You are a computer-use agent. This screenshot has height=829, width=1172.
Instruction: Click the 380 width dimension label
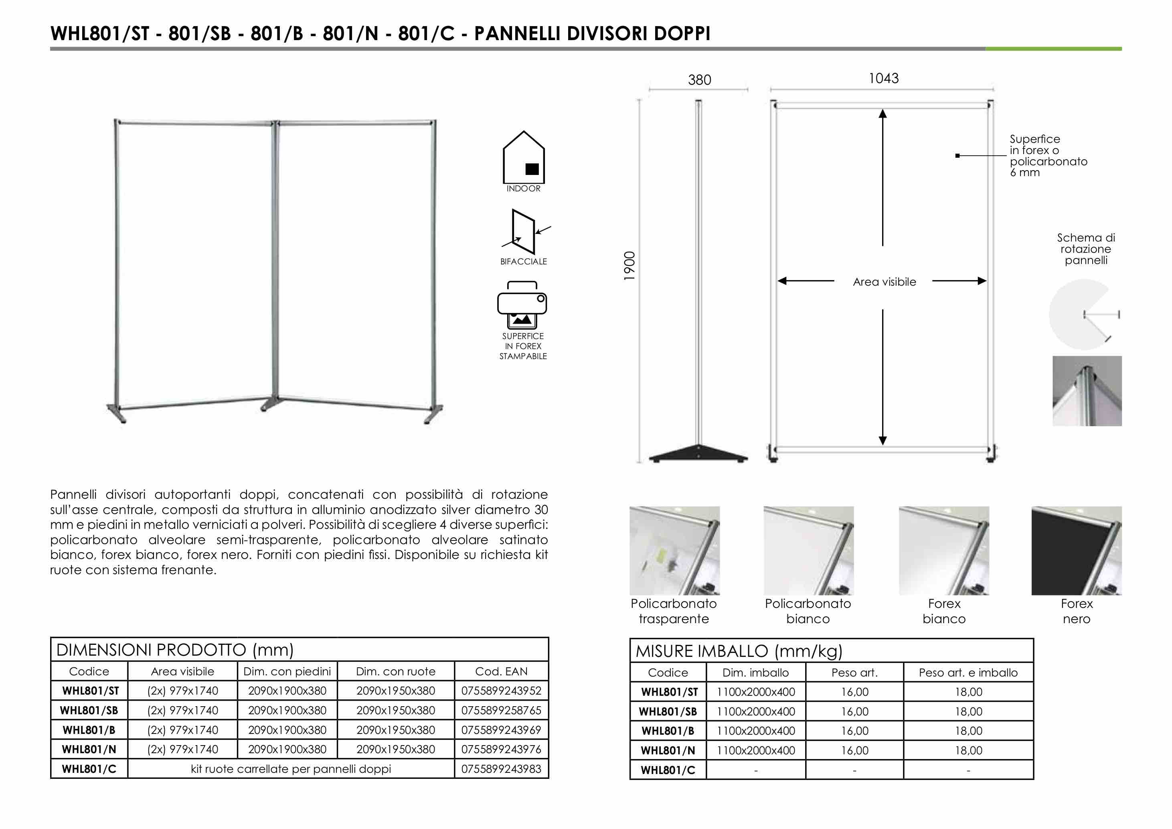[699, 80]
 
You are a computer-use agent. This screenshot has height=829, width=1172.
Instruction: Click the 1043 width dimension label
[884, 79]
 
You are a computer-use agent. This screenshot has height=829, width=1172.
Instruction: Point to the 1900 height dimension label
[630, 266]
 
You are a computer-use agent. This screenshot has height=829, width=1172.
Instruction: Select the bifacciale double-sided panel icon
[524, 232]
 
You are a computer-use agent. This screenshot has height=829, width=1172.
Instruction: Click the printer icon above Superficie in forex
[522, 305]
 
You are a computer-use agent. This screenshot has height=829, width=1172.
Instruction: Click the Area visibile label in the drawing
[884, 282]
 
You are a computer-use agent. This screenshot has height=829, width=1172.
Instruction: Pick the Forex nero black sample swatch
[1076, 551]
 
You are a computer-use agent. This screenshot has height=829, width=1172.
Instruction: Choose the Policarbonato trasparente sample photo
[674, 551]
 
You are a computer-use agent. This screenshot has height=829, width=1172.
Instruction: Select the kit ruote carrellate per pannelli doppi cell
[290, 769]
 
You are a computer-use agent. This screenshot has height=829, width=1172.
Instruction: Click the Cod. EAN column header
[501, 672]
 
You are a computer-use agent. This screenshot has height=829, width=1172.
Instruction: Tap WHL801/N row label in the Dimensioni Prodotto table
[89, 749]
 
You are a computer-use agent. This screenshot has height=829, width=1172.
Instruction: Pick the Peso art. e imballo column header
[968, 673]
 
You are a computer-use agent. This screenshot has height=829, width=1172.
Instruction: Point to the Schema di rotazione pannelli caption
[1086, 249]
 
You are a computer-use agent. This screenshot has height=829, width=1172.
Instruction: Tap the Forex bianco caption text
[944, 611]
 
